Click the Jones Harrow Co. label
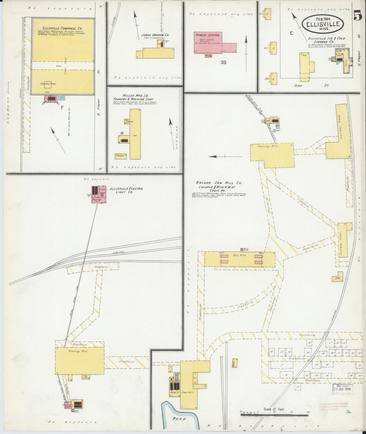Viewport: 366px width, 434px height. [x=156, y=35]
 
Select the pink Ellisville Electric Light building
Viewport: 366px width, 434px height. [x=99, y=194]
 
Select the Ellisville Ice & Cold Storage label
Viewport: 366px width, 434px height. [x=326, y=40]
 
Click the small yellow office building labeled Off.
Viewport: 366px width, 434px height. [x=337, y=278]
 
